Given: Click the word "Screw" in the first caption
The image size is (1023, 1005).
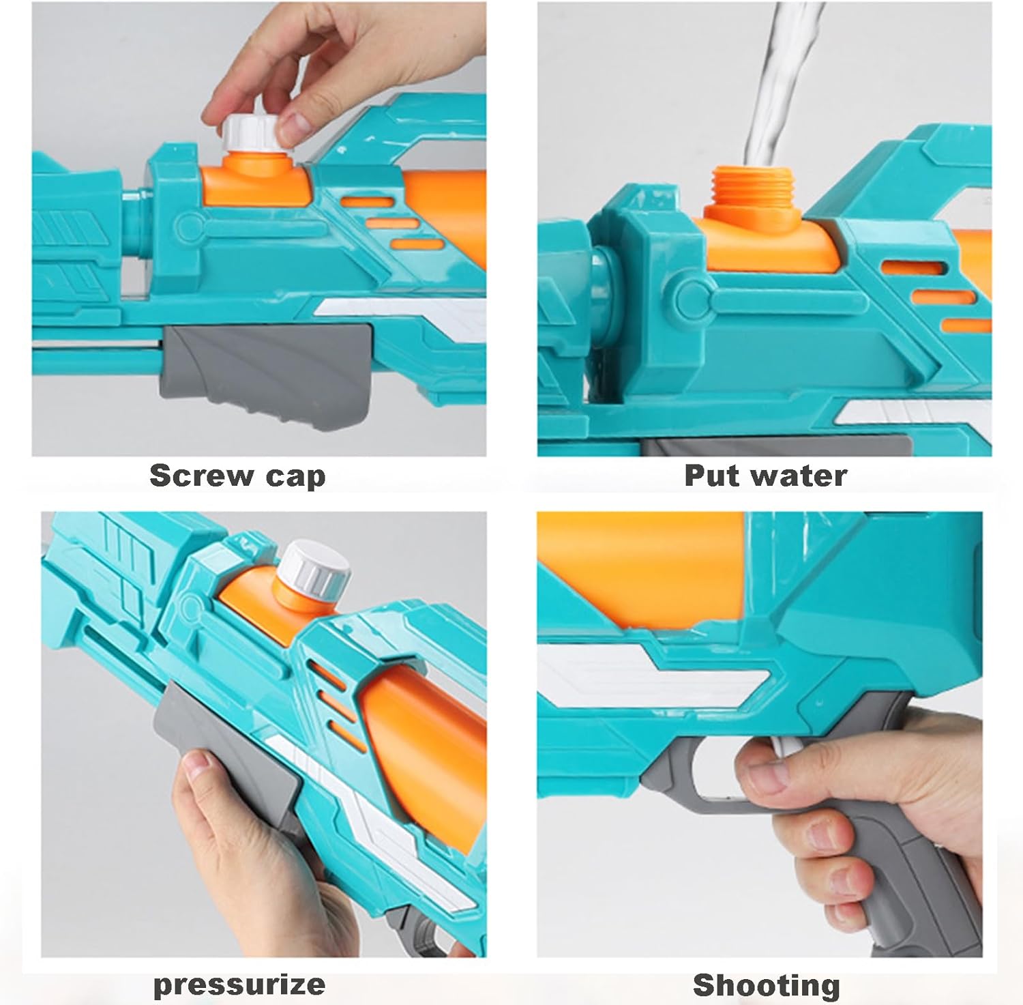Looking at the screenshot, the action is point(201,476).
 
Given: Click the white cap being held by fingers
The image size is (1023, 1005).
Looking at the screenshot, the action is point(251,139).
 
